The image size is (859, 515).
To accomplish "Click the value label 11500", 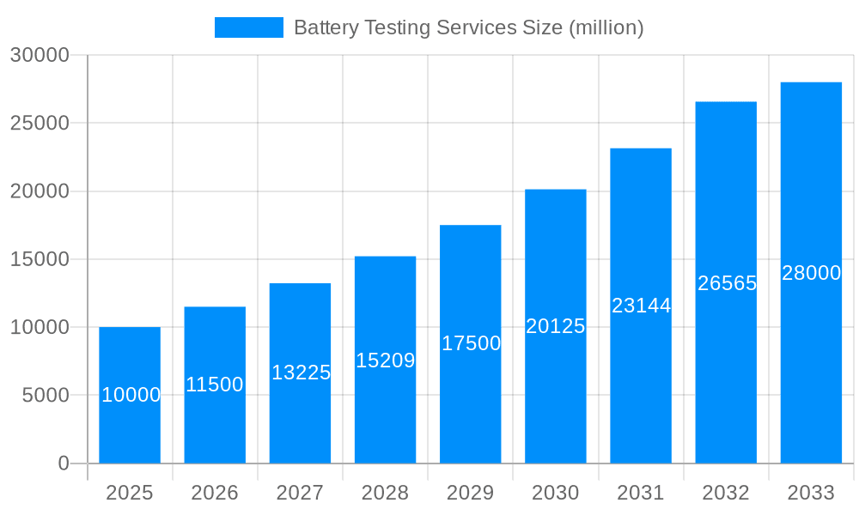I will coord(215,385).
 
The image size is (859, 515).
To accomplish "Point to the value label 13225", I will coord(301,373).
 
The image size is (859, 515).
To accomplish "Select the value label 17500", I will coord(471,343).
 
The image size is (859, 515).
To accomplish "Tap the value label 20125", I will coord(555,326).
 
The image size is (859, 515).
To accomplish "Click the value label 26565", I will coord(727,283).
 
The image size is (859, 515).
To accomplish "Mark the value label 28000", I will coord(811,273).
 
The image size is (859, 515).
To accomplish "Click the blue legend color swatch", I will coord(248,27).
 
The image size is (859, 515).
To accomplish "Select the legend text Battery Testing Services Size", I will coord(468,27).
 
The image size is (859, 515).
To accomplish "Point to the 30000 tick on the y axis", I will coord(40,55).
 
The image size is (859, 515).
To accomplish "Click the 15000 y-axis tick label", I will coord(40,259).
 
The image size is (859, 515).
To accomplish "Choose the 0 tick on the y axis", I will coord(64,463).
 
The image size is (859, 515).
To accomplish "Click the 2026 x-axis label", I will coord(215,493).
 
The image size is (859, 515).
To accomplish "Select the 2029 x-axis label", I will coord(471,493).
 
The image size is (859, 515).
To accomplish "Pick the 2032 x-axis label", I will coord(726,493).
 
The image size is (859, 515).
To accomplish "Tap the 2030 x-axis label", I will coord(556,493).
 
